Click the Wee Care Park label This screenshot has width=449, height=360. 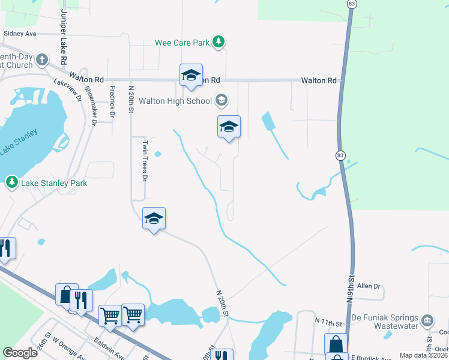pos(182,42)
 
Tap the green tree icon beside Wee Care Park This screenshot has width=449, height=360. pos(220,42)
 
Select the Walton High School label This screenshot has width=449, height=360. pos(175,101)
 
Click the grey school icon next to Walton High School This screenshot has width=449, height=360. pos(221,100)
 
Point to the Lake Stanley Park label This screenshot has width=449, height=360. pos(55,183)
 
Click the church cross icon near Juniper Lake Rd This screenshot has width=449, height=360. pos(41,59)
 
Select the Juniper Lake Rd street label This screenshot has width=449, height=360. pos(62,37)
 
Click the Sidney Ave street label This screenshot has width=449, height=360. pos(20,34)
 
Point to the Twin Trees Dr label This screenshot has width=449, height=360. pos(144,160)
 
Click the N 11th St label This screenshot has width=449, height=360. pos(328,322)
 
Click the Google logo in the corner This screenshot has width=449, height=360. pos(20,353)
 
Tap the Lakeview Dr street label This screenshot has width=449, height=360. pos(67,90)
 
